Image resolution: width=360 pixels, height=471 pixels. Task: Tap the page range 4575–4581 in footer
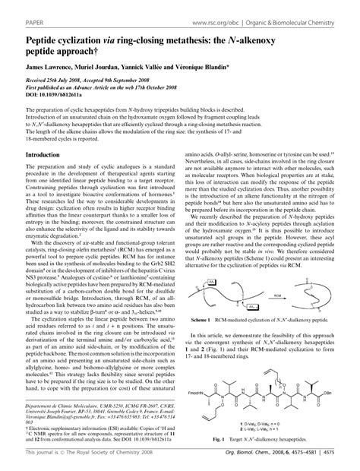pyautogui.click(x=321, y=461)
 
